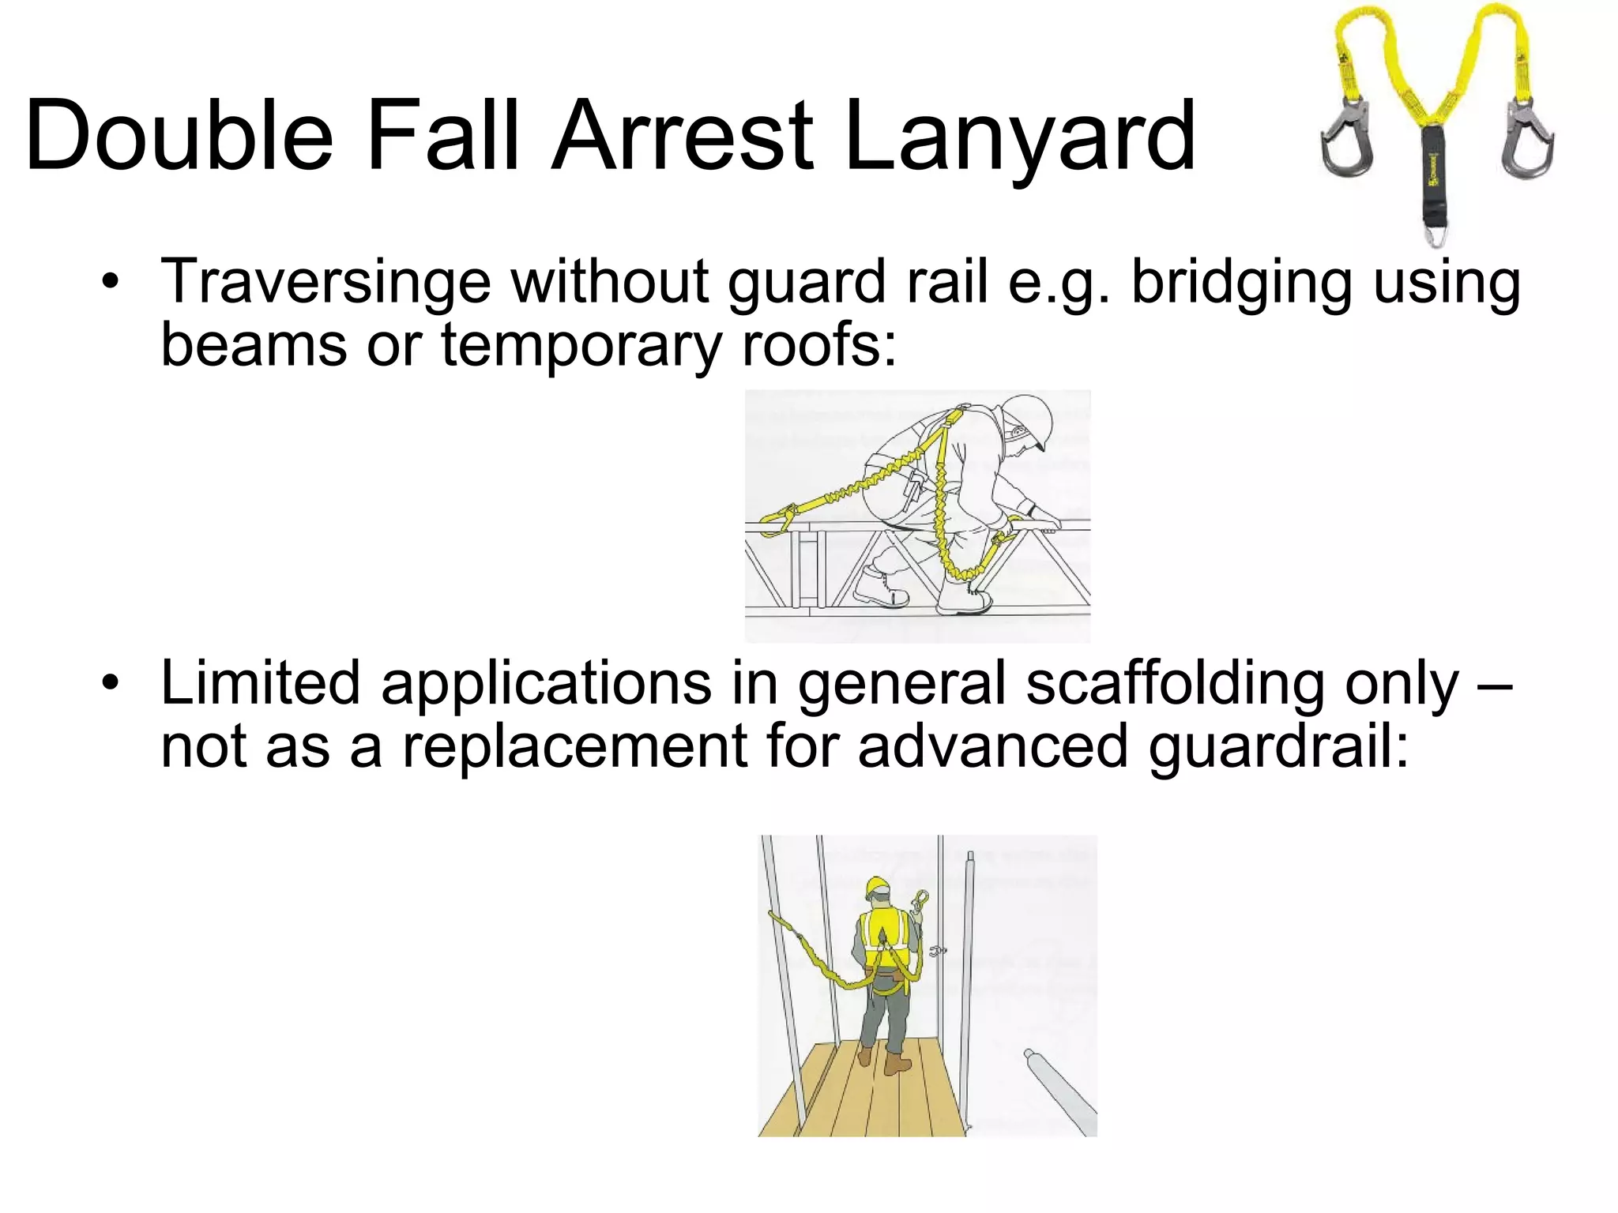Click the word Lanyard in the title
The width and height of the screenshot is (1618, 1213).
[x=1020, y=136]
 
